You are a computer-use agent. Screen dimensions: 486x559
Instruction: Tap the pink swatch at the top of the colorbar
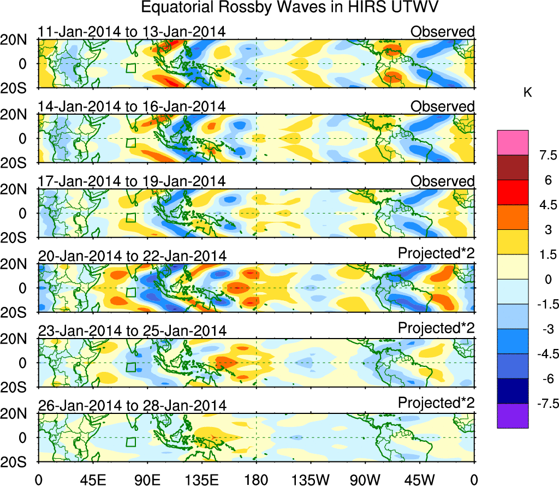(x=513, y=143)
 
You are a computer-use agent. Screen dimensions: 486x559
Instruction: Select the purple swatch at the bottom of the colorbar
(x=513, y=416)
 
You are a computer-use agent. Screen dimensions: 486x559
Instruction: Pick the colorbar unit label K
(x=527, y=93)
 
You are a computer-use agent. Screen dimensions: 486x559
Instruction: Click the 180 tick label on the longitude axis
(x=256, y=479)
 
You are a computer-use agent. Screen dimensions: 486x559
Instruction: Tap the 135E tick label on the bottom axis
(x=201, y=479)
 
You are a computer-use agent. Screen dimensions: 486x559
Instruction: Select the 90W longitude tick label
(x=365, y=479)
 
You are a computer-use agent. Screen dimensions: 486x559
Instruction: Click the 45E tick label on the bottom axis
(x=92, y=479)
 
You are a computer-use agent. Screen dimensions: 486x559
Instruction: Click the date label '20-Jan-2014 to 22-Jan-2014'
(x=132, y=256)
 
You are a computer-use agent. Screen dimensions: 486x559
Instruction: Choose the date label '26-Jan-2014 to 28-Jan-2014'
(x=132, y=406)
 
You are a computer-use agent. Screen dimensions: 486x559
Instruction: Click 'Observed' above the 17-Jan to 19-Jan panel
(x=443, y=181)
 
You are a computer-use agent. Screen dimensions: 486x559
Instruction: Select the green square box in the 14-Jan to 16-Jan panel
(x=130, y=143)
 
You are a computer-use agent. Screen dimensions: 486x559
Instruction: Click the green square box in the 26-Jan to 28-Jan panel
(x=130, y=442)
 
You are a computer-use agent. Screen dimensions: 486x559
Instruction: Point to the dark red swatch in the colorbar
(x=513, y=168)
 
